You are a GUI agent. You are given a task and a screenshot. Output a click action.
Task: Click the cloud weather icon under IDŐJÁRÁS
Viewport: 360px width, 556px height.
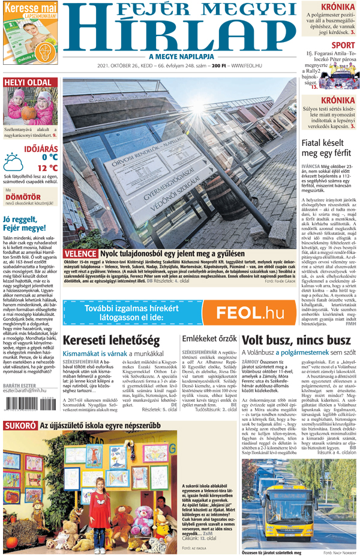click(x=13, y=161)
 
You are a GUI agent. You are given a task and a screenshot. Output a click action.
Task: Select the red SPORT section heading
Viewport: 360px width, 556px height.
click(x=343, y=45)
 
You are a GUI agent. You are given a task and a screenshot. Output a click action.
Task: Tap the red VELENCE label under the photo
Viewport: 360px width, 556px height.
click(x=79, y=253)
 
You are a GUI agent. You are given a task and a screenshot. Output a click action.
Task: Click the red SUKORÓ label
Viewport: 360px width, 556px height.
click(x=20, y=443)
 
